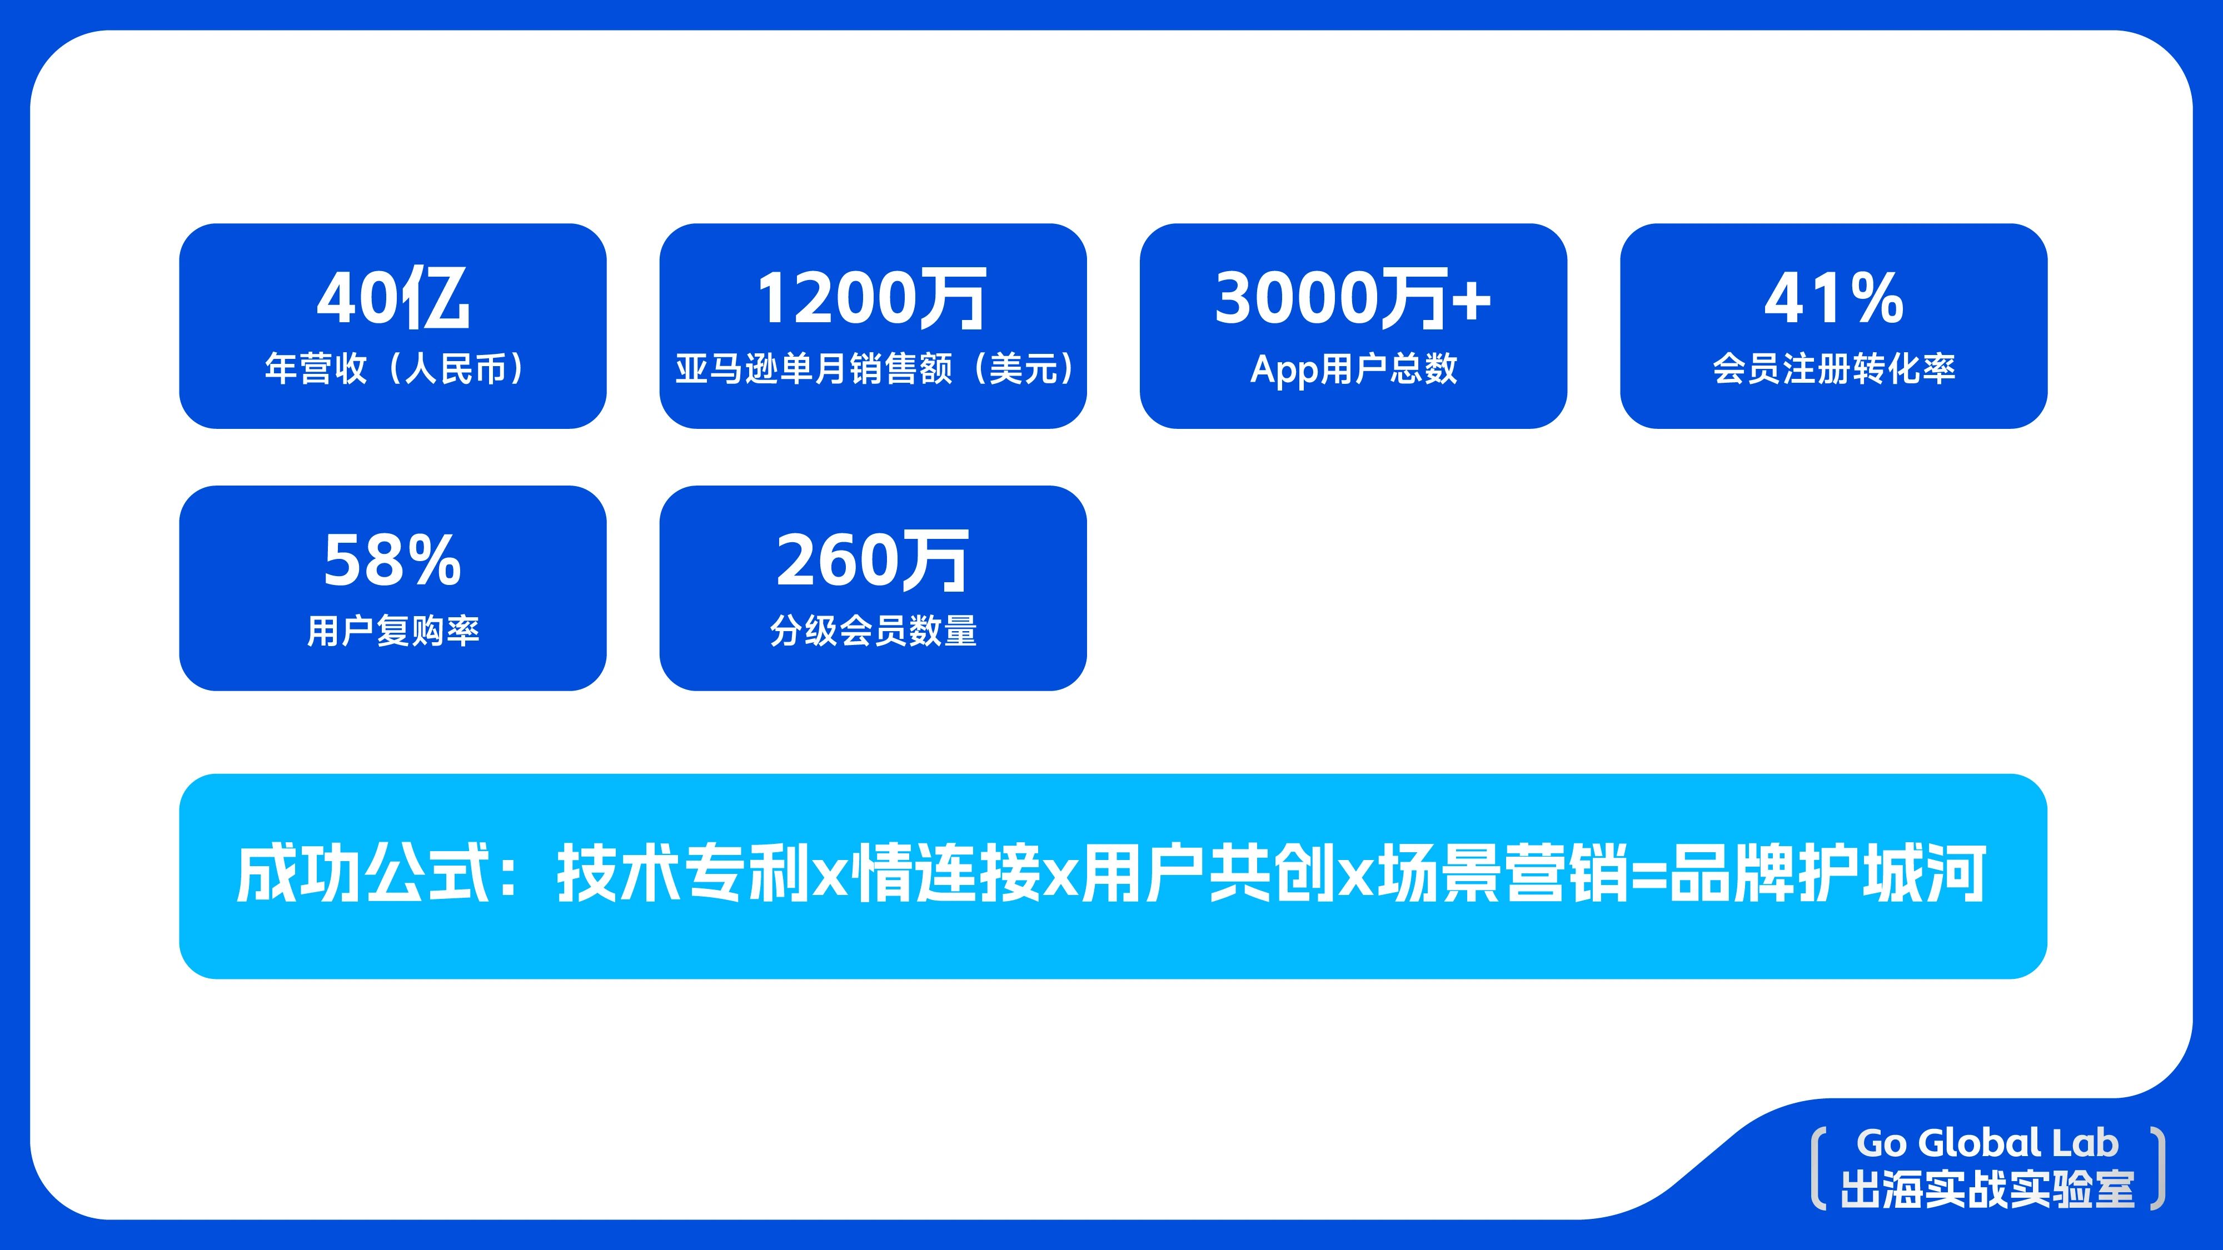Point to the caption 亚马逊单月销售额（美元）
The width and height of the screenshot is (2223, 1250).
[x=873, y=369]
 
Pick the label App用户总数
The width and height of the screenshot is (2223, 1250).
[x=1353, y=369]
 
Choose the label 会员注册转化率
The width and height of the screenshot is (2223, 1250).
[x=1833, y=369]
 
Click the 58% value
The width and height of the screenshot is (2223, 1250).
[x=393, y=561]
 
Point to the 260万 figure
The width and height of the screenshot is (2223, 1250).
[x=871, y=561]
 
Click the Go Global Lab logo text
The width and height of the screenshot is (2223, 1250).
[x=1987, y=1143]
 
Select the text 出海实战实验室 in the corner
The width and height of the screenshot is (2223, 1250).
[x=1987, y=1189]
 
